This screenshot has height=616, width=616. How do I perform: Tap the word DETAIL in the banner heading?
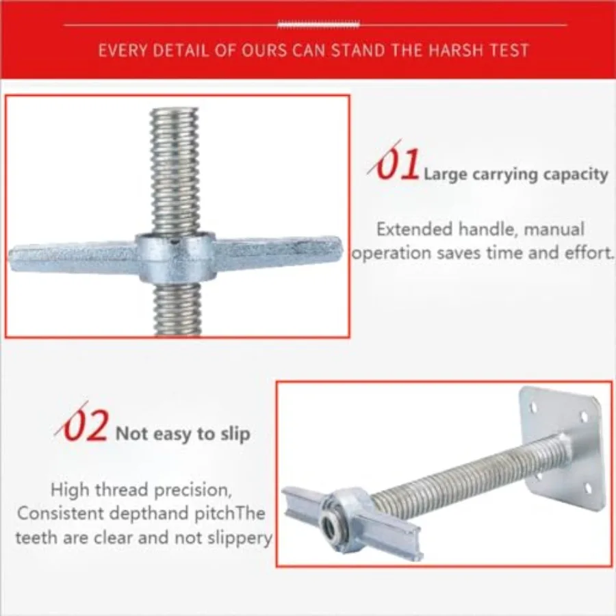[181, 51]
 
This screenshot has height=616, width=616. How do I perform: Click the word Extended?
[415, 229]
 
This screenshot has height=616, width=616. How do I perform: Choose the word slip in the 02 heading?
[235, 434]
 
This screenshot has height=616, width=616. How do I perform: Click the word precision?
[192, 490]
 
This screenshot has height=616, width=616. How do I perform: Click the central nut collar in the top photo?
[176, 257]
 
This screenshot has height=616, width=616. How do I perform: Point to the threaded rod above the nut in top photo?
[175, 171]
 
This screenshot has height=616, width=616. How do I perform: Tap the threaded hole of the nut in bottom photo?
[329, 525]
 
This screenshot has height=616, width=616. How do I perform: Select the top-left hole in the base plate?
[534, 407]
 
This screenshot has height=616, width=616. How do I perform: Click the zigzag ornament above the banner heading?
[318, 25]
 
